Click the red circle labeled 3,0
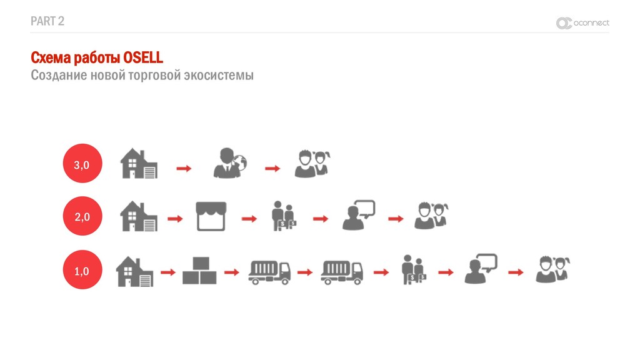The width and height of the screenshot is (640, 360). (82, 165)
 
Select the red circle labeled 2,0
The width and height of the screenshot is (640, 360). (82, 217)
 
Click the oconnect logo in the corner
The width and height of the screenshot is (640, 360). (582, 23)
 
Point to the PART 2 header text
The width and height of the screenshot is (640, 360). (47, 21)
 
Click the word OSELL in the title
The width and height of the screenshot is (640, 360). (142, 58)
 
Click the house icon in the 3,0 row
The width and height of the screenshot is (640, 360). (139, 163)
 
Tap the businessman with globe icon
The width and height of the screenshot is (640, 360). (230, 163)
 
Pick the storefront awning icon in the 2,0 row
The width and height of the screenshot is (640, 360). (211, 216)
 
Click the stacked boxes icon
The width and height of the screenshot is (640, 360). (199, 271)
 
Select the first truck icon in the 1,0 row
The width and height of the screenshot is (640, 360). (269, 272)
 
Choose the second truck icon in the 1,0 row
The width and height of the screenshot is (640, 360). (342, 272)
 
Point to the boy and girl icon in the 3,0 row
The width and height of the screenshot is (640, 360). (312, 164)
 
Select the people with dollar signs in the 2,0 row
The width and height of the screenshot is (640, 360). (283, 216)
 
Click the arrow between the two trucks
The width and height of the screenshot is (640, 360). (305, 272)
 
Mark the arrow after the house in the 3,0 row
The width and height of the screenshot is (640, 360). (184, 168)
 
